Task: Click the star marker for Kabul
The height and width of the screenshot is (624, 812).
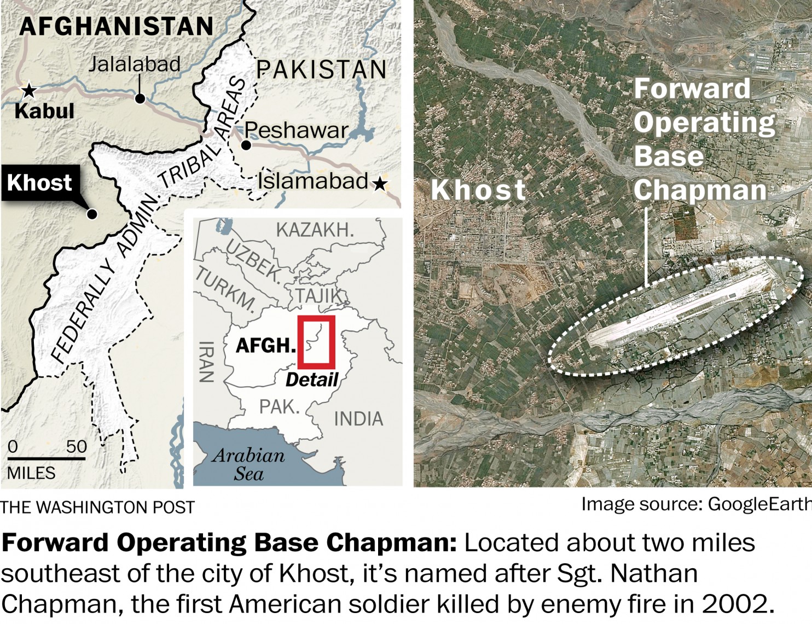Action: pyautogui.click(x=28, y=90)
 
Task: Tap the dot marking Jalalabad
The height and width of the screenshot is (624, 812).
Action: pyautogui.click(x=140, y=98)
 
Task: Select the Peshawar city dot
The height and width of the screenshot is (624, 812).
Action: pyautogui.click(x=246, y=145)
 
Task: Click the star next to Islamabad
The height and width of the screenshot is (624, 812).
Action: pyautogui.click(x=380, y=184)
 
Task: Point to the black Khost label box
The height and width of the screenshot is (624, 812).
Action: pyautogui.click(x=40, y=183)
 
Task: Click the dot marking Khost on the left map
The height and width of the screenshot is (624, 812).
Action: pyautogui.click(x=92, y=214)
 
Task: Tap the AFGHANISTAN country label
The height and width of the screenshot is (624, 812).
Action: pyautogui.click(x=116, y=26)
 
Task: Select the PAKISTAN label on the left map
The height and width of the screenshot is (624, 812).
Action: pyautogui.click(x=321, y=69)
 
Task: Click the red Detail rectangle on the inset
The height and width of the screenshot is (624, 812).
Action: pyautogui.click(x=316, y=342)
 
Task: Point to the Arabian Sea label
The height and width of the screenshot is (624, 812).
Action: pyautogui.click(x=249, y=464)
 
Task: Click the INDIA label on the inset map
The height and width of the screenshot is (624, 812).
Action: pyautogui.click(x=358, y=419)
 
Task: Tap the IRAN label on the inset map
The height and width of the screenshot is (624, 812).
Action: pyautogui.click(x=206, y=361)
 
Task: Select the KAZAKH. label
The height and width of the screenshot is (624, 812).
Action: pyautogui.click(x=315, y=230)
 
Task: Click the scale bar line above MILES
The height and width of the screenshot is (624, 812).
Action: pyautogui.click(x=47, y=458)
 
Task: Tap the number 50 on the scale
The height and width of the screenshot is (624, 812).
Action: pyautogui.click(x=76, y=446)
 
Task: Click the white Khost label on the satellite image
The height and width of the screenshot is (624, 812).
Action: pyautogui.click(x=478, y=190)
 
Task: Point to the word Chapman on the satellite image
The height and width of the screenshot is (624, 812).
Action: pyautogui.click(x=700, y=190)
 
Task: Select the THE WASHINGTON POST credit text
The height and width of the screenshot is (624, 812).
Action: pyautogui.click(x=97, y=508)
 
